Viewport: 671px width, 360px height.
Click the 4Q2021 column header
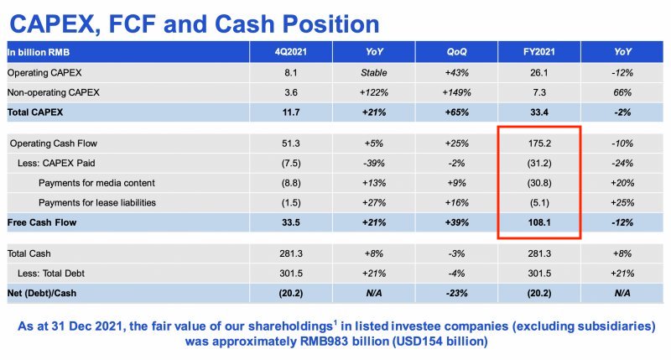291,52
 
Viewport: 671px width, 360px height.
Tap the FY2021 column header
537,52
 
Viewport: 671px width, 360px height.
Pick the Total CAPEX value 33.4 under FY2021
537,111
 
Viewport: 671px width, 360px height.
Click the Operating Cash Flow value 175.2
537,143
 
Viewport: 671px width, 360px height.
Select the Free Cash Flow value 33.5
291,222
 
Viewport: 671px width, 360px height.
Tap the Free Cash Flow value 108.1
537,222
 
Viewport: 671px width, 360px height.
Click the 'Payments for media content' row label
96,183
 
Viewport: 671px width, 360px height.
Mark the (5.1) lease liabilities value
537,202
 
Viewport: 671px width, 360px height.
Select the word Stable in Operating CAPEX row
372,72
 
